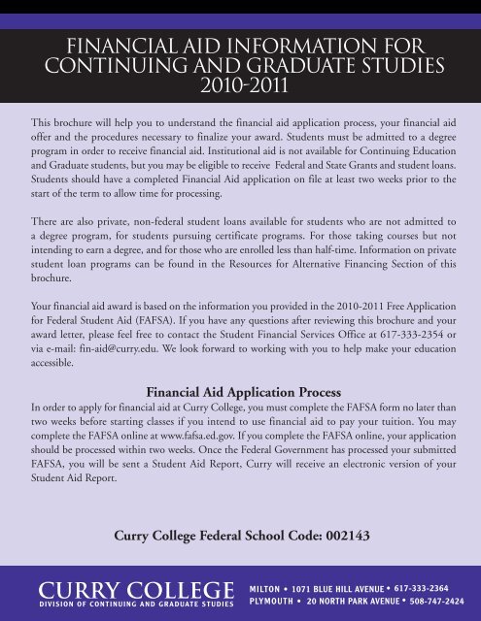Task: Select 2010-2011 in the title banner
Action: coord(240,85)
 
